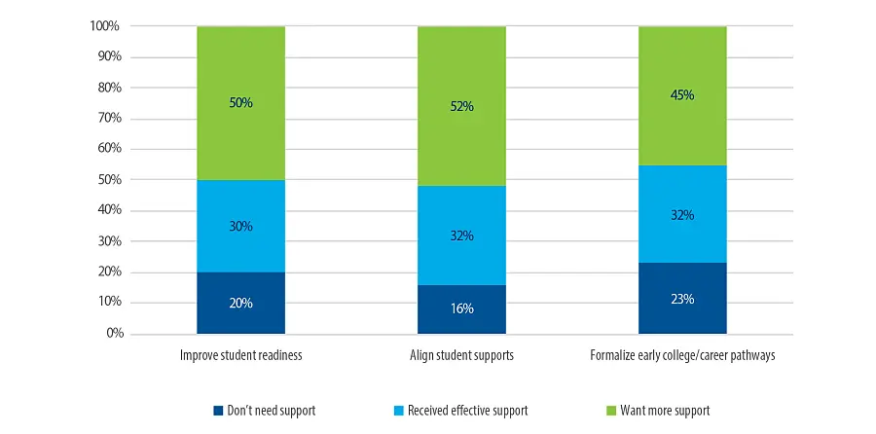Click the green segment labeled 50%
pyautogui.click(x=240, y=103)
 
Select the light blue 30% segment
pyautogui.click(x=240, y=226)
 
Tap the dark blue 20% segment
pyautogui.click(x=240, y=303)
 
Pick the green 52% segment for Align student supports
pyautogui.click(x=461, y=106)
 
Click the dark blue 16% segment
pyautogui.click(x=461, y=308)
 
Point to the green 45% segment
pyautogui.click(x=682, y=95)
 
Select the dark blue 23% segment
pyautogui.click(x=682, y=299)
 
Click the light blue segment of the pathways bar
pyautogui.click(x=682, y=214)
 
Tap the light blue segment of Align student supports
pyautogui.click(x=461, y=235)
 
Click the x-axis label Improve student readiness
pyautogui.click(x=241, y=356)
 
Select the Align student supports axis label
pyautogui.click(x=461, y=356)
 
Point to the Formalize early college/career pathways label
pyautogui.click(x=682, y=356)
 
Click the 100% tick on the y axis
pyautogui.click(x=105, y=26)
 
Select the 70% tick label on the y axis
pyautogui.click(x=108, y=119)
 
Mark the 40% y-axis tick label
pyautogui.click(x=108, y=211)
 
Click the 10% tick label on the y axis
pyautogui.click(x=108, y=303)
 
